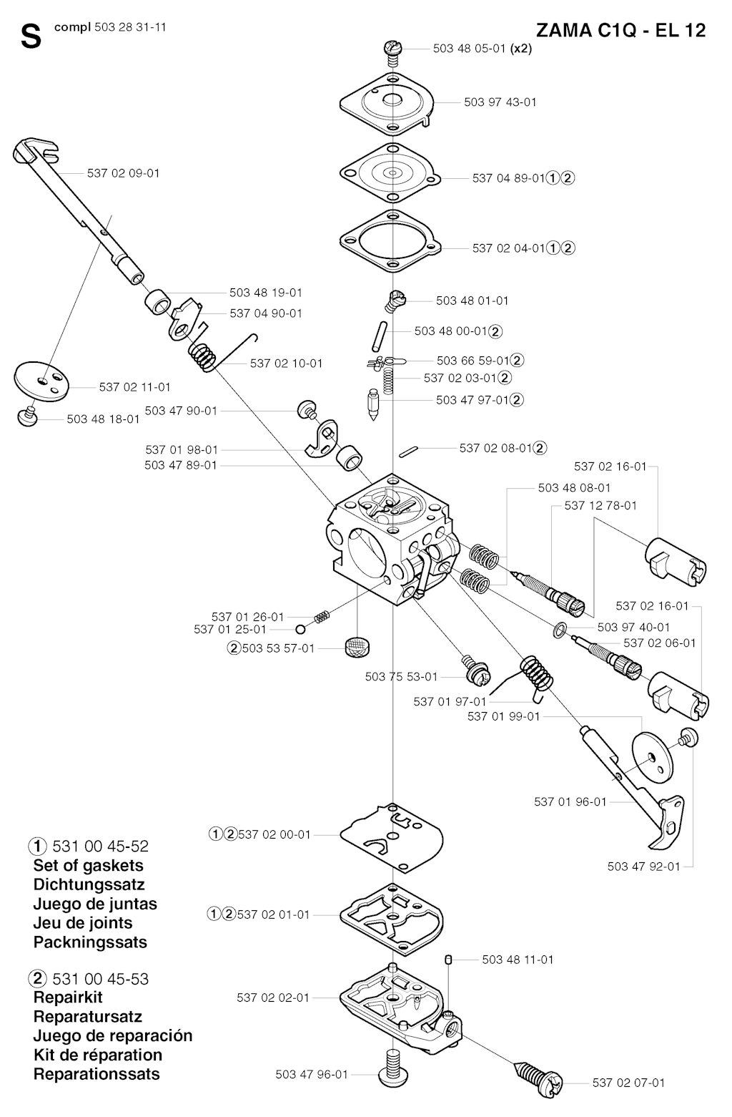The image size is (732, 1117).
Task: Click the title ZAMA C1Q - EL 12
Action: [621, 31]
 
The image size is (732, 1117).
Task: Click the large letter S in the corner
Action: [31, 36]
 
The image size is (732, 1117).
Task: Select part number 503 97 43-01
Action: [500, 102]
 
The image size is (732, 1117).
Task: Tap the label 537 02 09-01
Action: [123, 173]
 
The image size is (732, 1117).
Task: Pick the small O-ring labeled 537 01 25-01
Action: [300, 629]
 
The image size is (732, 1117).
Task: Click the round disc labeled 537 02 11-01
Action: [41, 381]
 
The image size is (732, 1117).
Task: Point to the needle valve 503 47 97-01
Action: [372, 404]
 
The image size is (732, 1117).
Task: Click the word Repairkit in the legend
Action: [68, 998]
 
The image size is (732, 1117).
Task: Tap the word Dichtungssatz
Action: [89, 884]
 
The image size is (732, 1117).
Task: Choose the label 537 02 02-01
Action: [273, 998]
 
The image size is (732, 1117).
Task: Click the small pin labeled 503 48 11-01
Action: [447, 960]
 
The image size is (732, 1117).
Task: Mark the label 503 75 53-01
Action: [401, 677]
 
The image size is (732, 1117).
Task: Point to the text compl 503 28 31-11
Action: [110, 27]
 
